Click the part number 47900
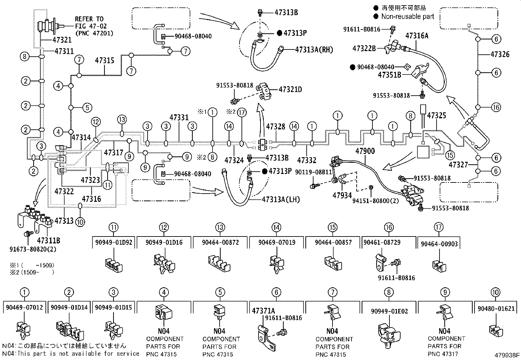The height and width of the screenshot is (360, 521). pos(365,151)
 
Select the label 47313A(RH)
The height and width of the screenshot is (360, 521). pos(314,49)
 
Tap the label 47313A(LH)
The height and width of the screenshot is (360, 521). pos(280,199)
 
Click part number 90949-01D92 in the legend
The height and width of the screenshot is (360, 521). pos(114,242)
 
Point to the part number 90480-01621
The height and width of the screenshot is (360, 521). pos(496,309)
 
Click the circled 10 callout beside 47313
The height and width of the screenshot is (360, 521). pos(80,222)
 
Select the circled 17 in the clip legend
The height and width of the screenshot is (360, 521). pos(439,227)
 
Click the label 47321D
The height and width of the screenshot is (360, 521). pos(290,89)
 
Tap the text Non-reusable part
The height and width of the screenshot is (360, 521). pos(407,16)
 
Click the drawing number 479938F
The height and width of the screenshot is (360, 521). pos(507,355)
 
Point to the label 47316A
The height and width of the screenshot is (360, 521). pos(417,36)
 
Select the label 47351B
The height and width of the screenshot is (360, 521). pos(389,75)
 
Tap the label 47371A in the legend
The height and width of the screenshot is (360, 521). pos(263,311)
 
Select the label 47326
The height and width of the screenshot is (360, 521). pos(500,54)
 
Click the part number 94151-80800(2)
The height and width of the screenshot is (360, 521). pos(376,200)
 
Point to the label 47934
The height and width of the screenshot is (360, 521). pos(342,196)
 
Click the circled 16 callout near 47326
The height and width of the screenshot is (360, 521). pos(496,107)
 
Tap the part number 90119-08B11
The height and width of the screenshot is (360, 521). pos(314,172)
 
